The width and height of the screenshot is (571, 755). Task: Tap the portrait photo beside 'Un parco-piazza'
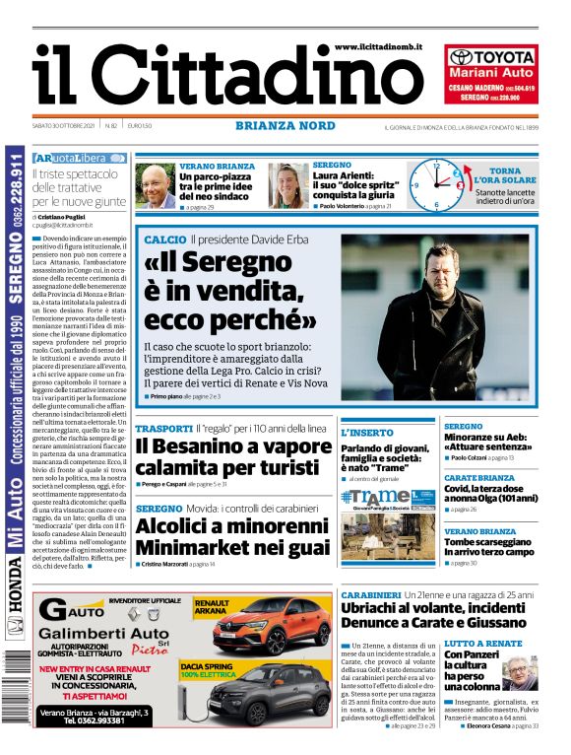(x=155, y=185)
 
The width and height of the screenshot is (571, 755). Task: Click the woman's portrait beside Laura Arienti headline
(x=288, y=185)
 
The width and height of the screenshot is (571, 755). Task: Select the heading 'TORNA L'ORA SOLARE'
(x=505, y=176)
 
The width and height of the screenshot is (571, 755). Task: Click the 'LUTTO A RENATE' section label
(x=483, y=643)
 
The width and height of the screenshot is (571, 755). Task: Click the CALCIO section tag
(x=164, y=240)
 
